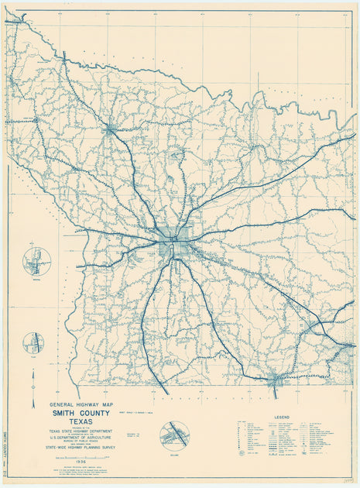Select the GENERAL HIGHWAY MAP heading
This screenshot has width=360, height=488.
(80, 404)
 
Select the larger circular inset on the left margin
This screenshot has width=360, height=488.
(36, 261)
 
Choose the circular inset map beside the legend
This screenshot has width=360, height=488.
(174, 435)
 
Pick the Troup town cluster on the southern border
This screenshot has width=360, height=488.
(275, 380)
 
